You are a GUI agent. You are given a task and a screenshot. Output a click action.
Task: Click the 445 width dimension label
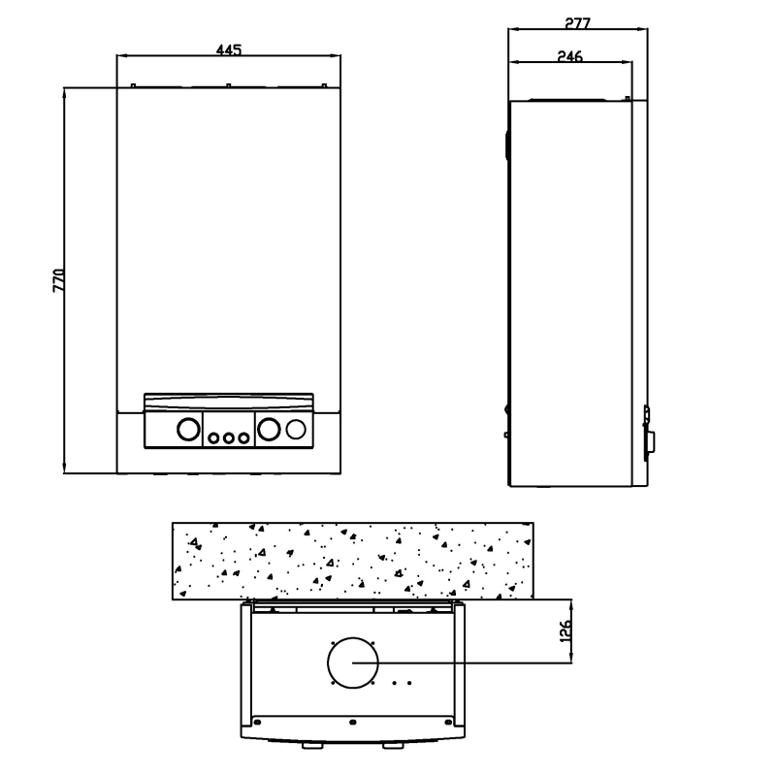[228, 49]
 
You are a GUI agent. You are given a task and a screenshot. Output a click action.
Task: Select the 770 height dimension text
[58, 280]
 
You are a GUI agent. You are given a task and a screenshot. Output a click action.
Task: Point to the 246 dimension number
[570, 57]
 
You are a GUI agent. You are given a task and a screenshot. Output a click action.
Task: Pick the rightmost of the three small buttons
[245, 438]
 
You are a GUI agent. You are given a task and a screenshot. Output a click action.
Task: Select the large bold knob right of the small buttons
[271, 430]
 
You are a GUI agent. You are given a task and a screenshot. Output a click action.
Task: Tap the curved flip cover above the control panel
[229, 401]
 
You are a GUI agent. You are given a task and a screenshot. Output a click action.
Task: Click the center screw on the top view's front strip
[352, 723]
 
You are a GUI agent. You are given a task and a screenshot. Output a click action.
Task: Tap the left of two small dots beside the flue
[395, 683]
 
